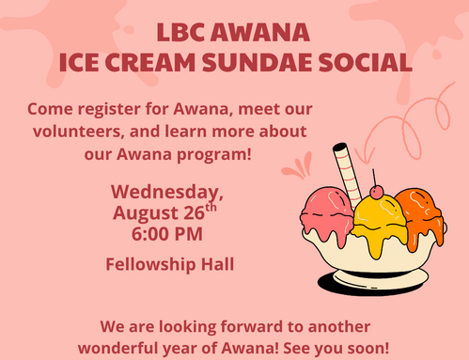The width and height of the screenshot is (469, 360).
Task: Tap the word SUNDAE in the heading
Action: tap(258, 62)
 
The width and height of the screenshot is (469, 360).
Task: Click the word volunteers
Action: tap(77, 131)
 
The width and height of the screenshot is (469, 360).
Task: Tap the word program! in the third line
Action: tap(214, 154)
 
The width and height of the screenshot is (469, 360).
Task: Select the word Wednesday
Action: tap(167, 192)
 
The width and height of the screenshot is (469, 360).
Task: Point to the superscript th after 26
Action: tap(211, 208)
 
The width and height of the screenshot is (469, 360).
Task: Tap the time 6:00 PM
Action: tap(167, 234)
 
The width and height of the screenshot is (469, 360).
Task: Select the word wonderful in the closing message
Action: tap(118, 348)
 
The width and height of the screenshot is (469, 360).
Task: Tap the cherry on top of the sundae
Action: tap(376, 192)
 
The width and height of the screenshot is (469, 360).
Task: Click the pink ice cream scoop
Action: tap(327, 213)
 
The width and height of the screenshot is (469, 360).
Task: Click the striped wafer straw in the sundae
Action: tap(347, 173)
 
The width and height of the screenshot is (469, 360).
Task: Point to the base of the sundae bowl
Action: tap(381, 279)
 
